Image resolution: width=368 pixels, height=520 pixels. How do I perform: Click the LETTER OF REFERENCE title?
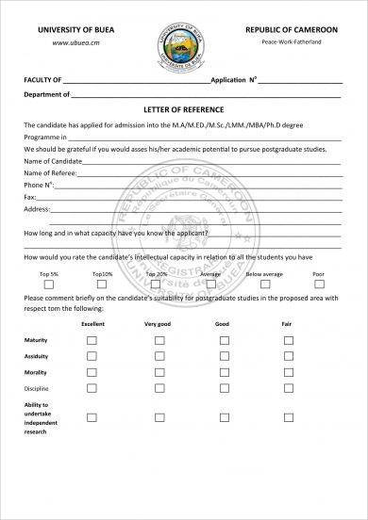pos(183,109)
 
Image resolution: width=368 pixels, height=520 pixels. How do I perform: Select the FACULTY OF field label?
pos(43,81)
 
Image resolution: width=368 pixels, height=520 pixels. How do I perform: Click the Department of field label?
pos(47,95)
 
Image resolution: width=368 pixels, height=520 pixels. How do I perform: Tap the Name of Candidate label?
pos(53,162)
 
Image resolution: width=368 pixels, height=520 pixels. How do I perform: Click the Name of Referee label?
pos(50,173)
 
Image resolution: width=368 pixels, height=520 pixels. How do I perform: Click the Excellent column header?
pos(92,323)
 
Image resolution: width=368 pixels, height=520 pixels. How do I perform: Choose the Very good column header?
pos(157,323)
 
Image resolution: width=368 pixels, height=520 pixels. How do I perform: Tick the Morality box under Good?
pos(222,372)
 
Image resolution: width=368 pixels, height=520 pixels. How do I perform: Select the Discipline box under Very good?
pos(157,388)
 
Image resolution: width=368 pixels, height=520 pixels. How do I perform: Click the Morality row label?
pos(35,372)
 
